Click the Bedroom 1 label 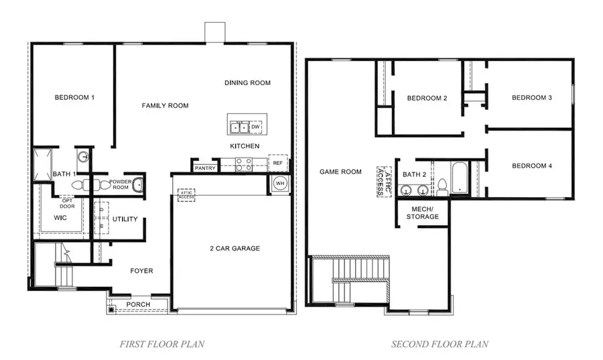click(x=74, y=98)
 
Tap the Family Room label click(x=165, y=106)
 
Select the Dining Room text click(x=247, y=83)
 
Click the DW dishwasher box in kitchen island click(x=255, y=127)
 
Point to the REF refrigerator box click(x=277, y=163)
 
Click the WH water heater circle click(x=279, y=184)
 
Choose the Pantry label click(x=205, y=168)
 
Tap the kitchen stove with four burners click(x=243, y=163)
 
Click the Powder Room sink click(x=138, y=184)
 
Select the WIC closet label click(x=60, y=218)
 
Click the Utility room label click(x=125, y=219)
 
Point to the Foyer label click(x=141, y=271)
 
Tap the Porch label click(x=139, y=305)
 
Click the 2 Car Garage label click(x=234, y=249)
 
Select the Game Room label click(x=340, y=172)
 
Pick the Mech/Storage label click(x=423, y=213)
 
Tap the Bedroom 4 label click(x=531, y=166)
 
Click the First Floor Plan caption click(x=162, y=345)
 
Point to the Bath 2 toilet click(x=442, y=186)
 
